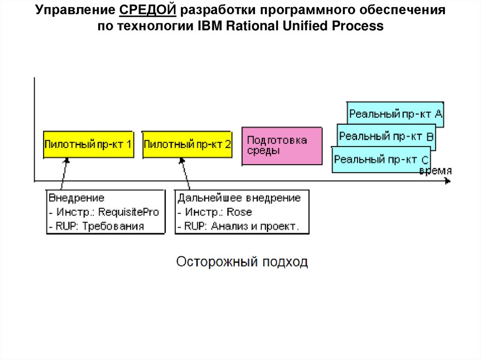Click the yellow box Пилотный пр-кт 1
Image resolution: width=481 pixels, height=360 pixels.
click(88, 145)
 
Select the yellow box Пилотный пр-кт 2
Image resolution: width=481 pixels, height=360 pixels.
click(187, 145)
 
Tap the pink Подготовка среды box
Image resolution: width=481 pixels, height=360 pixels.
click(282, 146)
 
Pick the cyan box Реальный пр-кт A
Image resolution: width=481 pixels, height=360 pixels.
click(396, 114)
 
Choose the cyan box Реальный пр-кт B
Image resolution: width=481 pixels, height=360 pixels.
click(386, 137)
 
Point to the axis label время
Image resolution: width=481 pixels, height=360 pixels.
click(435, 171)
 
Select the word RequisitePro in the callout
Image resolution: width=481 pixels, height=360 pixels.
click(129, 212)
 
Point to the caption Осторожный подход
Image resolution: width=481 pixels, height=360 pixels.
click(242, 261)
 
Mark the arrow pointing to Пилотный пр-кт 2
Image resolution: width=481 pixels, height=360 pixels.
click(185, 174)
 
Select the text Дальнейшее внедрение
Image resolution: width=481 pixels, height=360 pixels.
click(239, 198)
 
